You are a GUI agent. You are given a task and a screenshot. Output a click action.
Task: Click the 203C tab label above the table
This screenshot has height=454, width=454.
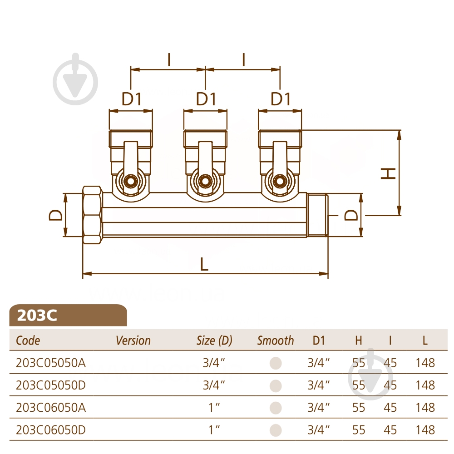(37, 315)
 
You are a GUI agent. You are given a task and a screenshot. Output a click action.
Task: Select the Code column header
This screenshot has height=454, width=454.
(28, 340)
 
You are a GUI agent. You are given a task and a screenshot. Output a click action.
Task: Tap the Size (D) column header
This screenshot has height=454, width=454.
(214, 340)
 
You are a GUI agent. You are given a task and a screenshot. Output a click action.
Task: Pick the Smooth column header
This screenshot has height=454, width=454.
(276, 340)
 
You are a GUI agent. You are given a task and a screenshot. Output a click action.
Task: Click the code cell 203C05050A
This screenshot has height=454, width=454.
(51, 363)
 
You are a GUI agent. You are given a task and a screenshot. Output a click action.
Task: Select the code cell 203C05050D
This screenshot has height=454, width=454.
(51, 385)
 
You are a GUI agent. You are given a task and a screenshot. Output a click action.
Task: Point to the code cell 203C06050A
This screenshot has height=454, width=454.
(51, 407)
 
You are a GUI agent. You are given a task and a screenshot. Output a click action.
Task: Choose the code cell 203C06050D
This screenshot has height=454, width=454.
(51, 430)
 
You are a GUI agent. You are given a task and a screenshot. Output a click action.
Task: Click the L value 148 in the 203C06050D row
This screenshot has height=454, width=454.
(425, 430)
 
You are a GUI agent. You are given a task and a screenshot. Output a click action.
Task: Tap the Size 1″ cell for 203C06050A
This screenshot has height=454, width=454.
(214, 407)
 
